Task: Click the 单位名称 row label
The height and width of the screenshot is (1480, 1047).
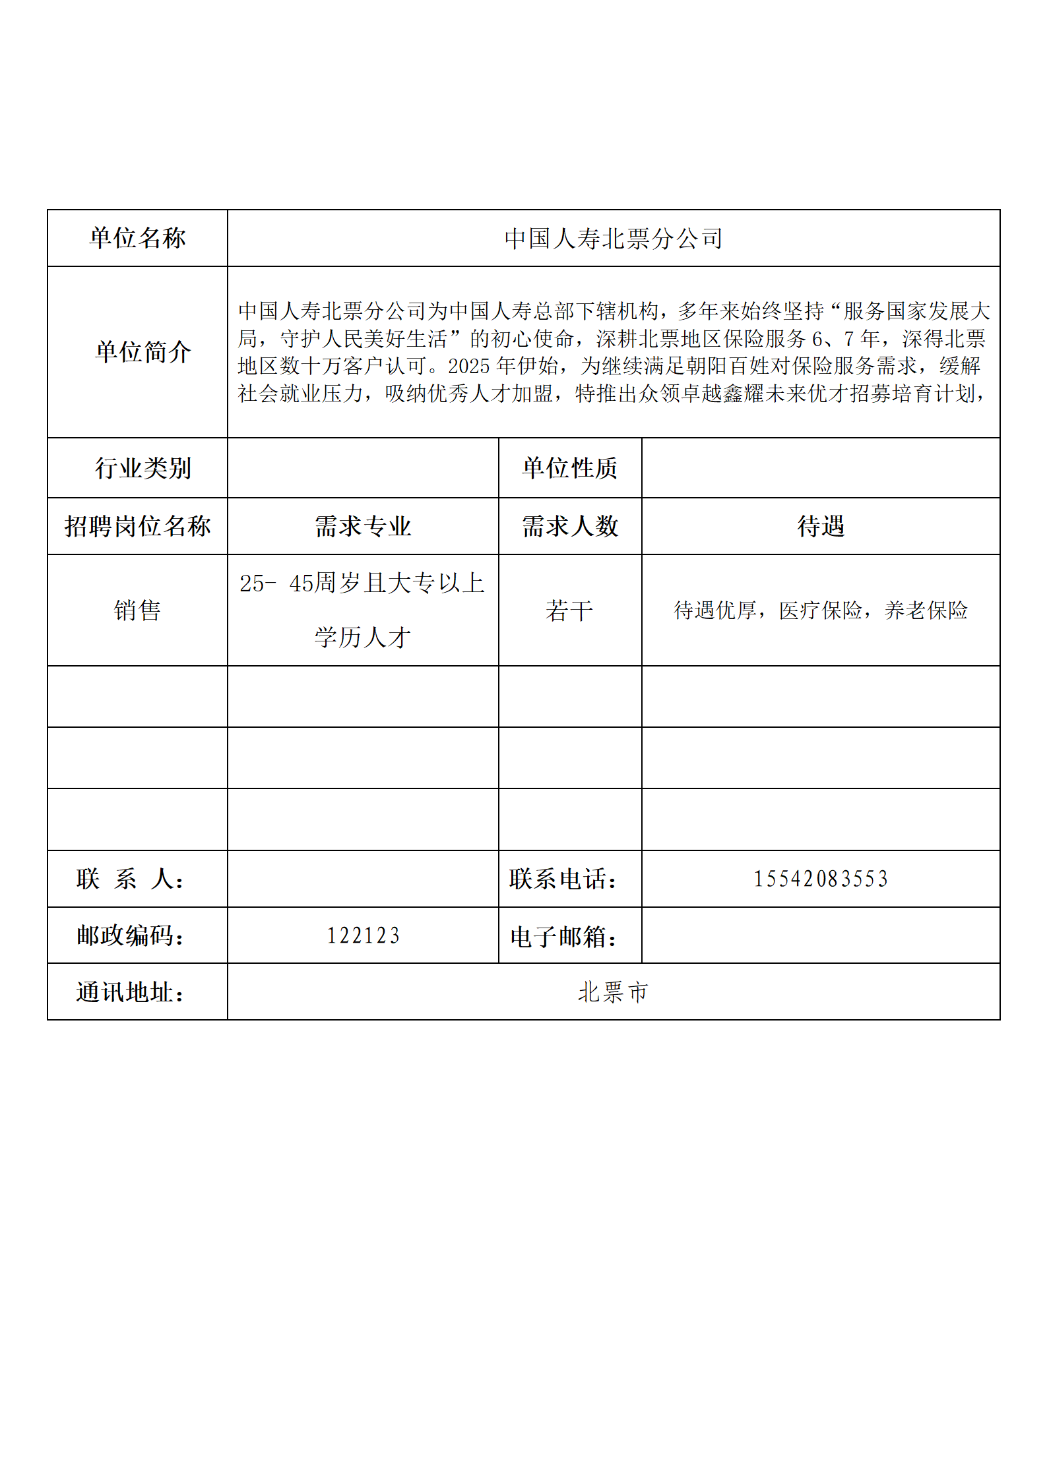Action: [x=137, y=238]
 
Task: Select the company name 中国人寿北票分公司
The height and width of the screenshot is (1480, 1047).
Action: [x=613, y=239]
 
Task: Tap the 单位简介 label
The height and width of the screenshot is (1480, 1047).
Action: [x=143, y=351]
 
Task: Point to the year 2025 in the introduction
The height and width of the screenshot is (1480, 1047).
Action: [x=468, y=366]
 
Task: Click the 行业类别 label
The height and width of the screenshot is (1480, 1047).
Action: [x=143, y=468]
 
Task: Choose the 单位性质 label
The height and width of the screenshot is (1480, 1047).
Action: [x=569, y=468]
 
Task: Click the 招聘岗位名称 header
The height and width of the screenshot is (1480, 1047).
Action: [x=137, y=526]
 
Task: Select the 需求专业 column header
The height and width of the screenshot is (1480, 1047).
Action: [x=362, y=526]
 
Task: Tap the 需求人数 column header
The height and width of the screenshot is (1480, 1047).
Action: [x=569, y=526]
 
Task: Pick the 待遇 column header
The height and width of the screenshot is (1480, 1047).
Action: [x=820, y=526]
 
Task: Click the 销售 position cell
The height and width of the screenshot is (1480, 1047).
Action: [x=137, y=610]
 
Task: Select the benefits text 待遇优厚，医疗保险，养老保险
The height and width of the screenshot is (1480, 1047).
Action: [x=820, y=610]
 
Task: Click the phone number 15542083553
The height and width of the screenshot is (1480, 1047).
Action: [x=820, y=879]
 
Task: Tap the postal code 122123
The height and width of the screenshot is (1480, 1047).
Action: [x=363, y=935]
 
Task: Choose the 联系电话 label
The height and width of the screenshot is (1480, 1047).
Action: [x=563, y=879]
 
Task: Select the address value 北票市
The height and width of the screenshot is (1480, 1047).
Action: [x=613, y=992]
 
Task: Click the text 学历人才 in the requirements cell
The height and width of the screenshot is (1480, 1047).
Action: [x=362, y=637]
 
